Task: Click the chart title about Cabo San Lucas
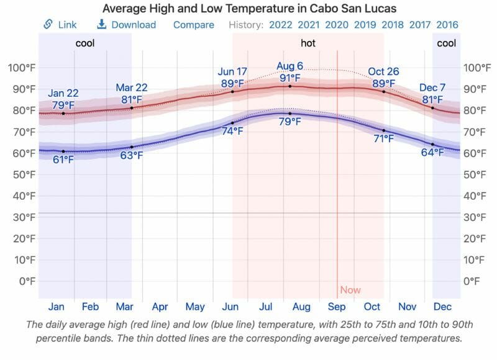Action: pyautogui.click(x=248, y=9)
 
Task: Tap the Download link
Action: pyautogui.click(x=126, y=25)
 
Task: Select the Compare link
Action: pyautogui.click(x=193, y=25)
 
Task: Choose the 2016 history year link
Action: pyautogui.click(x=447, y=25)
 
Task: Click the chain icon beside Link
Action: pyautogui.click(x=48, y=25)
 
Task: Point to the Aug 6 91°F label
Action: pyautogui.click(x=290, y=72)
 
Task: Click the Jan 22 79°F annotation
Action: pyautogui.click(x=63, y=99)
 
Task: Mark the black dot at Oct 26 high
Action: pyautogui.click(x=383, y=92)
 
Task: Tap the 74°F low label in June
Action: pyautogui.click(x=232, y=132)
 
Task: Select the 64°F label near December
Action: pyautogui.click(x=432, y=153)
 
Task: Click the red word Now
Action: pyautogui.click(x=350, y=290)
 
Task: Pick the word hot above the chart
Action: pyautogui.click(x=308, y=43)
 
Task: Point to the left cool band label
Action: pyautogui.click(x=85, y=43)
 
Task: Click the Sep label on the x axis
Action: pyautogui.click(x=337, y=307)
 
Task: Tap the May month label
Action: pyautogui.click(x=195, y=307)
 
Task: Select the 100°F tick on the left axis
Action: pyautogui.click(x=21, y=68)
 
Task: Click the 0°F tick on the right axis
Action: pyautogui.click(x=472, y=281)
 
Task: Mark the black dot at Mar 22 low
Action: pyautogui.click(x=131, y=147)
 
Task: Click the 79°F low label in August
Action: pyautogui.click(x=290, y=122)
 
